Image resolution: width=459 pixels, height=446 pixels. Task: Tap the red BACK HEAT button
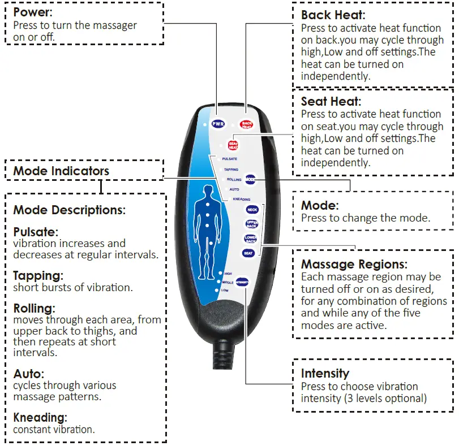click(246, 124)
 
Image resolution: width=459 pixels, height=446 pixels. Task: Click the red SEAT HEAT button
click(233, 145)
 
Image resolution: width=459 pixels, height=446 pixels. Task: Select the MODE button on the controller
click(250, 179)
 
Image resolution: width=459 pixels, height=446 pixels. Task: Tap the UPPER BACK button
click(252, 224)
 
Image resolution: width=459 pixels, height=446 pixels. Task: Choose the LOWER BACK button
click(250, 238)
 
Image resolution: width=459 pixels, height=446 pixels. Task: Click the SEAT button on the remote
click(248, 253)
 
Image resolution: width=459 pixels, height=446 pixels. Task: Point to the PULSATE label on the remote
click(230, 159)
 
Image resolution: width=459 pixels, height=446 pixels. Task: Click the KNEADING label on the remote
click(242, 199)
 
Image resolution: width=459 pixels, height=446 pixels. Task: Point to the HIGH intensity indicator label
click(228, 274)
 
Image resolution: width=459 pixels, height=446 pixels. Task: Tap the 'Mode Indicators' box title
click(61, 171)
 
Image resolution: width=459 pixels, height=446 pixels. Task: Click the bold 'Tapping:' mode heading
click(38, 276)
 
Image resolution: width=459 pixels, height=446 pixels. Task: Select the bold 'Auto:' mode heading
click(29, 374)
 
